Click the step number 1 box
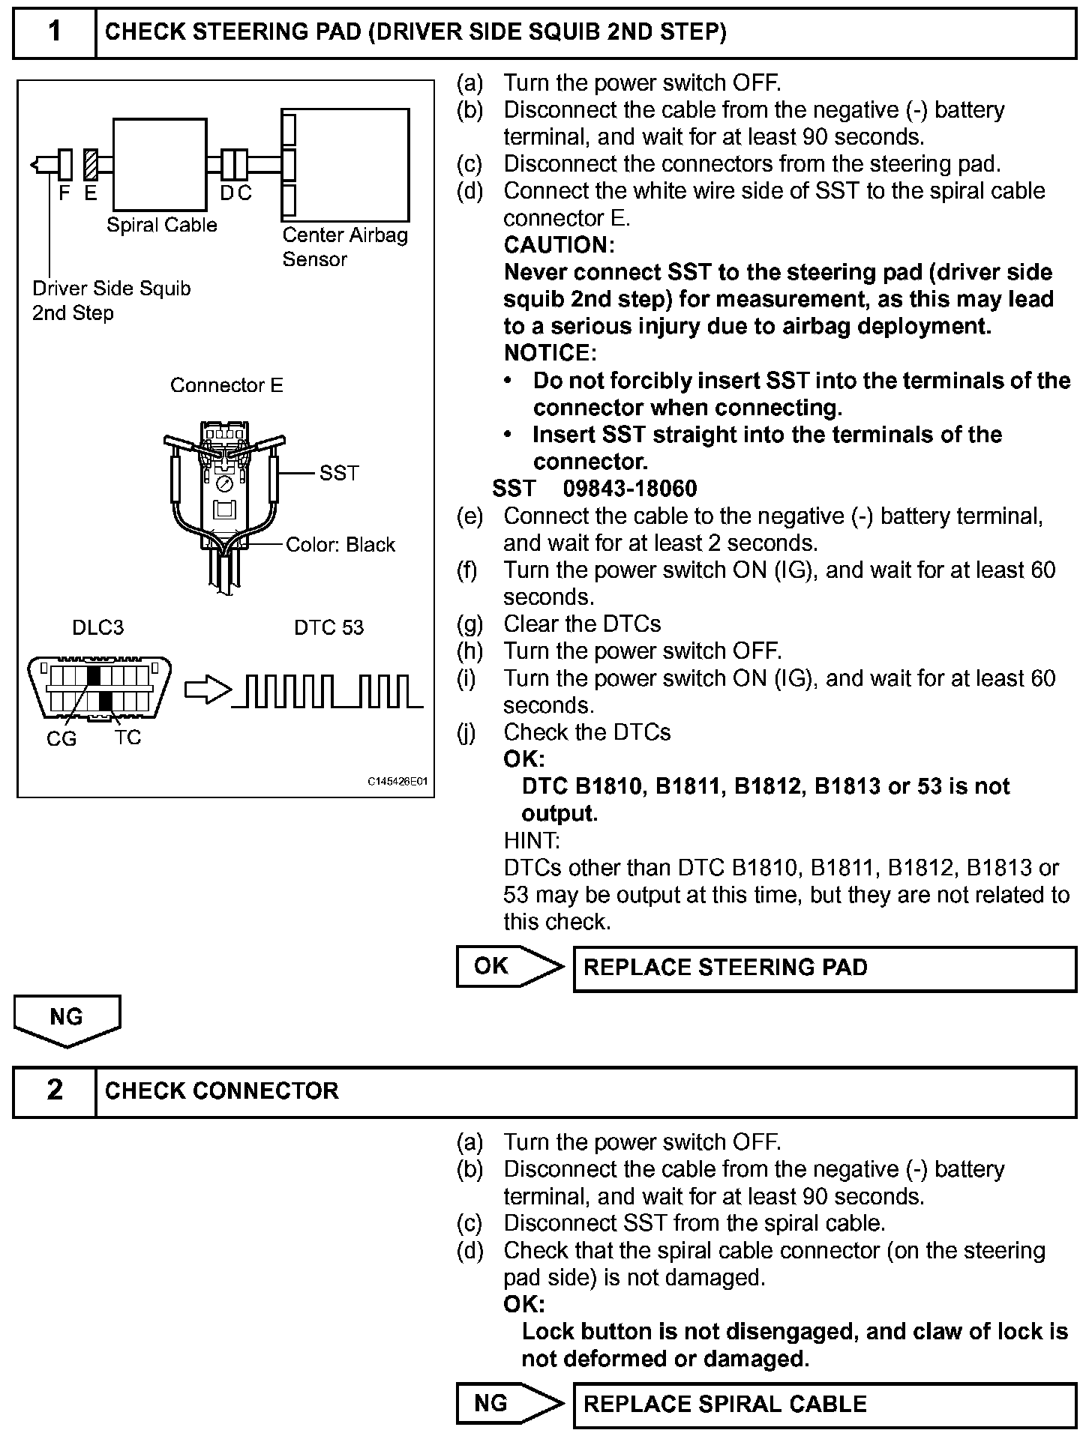55,31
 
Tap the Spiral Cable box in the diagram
160,164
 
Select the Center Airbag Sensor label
344,247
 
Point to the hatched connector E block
91,163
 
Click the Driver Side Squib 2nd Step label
111,300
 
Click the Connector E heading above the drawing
226,385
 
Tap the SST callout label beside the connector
339,473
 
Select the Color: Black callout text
340,545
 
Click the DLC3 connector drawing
99,688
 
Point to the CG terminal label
61,739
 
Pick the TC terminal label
128,738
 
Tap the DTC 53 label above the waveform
328,627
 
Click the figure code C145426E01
397,781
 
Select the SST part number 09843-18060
630,489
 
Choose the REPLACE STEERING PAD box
824,968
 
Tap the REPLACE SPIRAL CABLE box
824,1405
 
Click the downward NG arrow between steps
67,1020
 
